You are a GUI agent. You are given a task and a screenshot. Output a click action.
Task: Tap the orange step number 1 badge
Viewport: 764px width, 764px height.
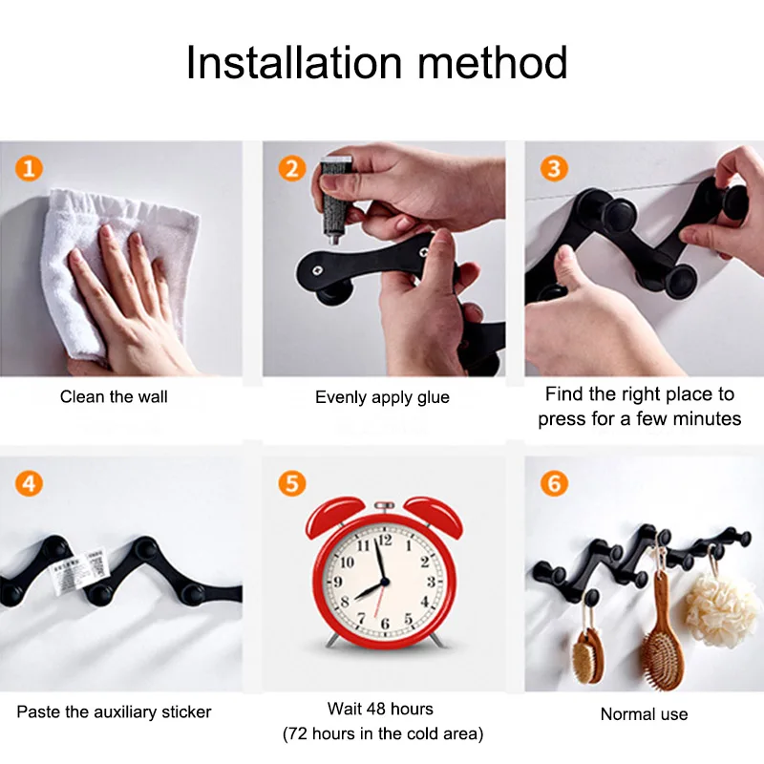(x=30, y=170)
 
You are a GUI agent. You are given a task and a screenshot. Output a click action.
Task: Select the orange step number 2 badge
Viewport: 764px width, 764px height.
(x=292, y=170)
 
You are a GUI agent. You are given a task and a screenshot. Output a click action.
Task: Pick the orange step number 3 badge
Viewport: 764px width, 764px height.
(x=553, y=170)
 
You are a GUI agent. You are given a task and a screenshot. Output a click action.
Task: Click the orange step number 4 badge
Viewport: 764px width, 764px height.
(x=30, y=482)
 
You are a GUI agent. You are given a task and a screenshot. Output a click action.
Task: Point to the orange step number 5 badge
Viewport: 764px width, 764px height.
(x=292, y=482)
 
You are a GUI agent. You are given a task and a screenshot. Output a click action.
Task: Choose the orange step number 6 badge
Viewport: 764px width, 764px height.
(x=553, y=482)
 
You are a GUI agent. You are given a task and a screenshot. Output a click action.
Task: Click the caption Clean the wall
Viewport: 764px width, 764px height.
(x=115, y=396)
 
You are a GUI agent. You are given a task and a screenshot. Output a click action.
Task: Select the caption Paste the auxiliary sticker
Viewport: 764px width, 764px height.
(x=115, y=711)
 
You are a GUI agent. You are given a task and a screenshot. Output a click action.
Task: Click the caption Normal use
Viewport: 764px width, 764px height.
(x=644, y=713)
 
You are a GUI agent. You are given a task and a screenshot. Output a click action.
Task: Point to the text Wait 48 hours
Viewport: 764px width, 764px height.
(x=380, y=709)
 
